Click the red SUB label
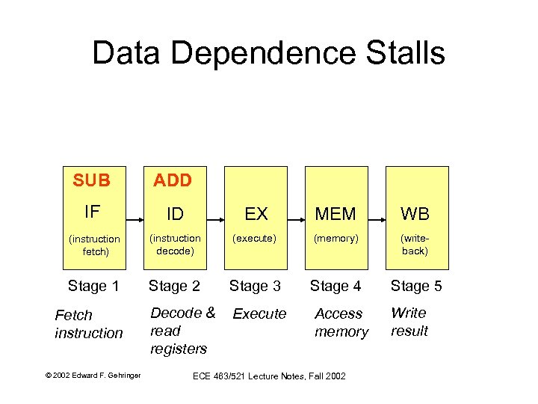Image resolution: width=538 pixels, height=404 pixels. [x=92, y=180]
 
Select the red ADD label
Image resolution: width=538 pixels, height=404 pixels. [x=173, y=180]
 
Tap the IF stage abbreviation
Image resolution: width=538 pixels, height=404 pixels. [x=92, y=212]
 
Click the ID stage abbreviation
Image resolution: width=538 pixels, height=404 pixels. [x=175, y=214]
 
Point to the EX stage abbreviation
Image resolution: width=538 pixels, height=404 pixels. [x=256, y=214]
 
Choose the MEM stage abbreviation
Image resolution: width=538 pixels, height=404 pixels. [x=336, y=214]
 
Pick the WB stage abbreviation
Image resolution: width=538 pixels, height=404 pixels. [x=415, y=214]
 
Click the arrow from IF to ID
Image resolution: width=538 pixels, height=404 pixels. [x=135, y=219]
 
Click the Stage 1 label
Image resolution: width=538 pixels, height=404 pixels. [x=93, y=286]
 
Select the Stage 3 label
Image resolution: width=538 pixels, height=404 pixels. [x=255, y=286]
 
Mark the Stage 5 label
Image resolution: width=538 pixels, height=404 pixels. [x=416, y=286]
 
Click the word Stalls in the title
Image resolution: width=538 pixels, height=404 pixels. [x=401, y=53]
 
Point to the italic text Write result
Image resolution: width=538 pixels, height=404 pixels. [x=409, y=322]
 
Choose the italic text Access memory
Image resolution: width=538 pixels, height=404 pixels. [x=341, y=322]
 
